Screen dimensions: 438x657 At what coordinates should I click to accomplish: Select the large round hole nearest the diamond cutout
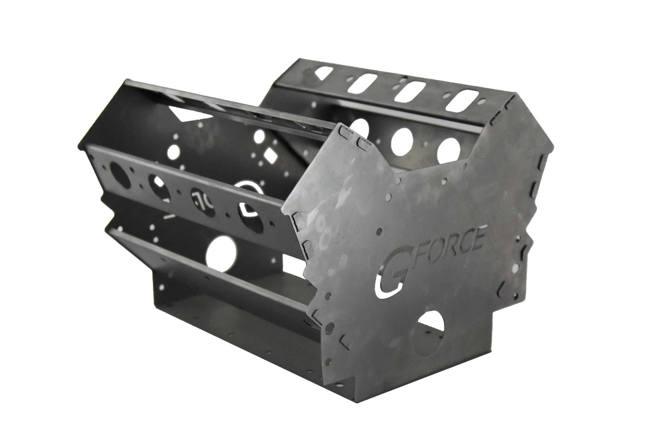259,137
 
